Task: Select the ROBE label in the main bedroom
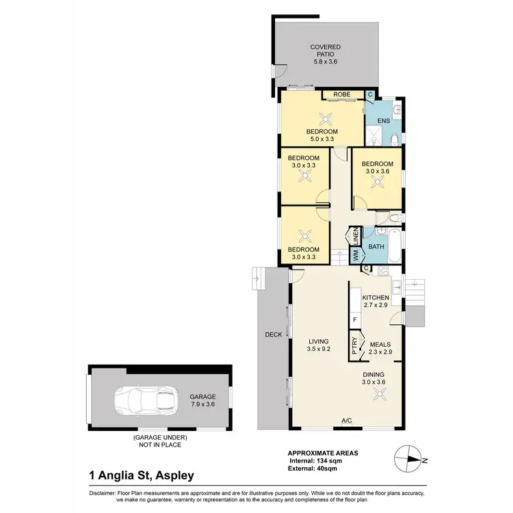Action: pyautogui.click(x=341, y=94)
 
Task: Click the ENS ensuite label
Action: pyautogui.click(x=383, y=121)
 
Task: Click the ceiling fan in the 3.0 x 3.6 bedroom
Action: pyautogui.click(x=378, y=183)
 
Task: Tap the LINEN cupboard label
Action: pyautogui.click(x=356, y=237)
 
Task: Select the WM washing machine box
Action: pyautogui.click(x=356, y=256)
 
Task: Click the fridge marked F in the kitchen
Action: pyautogui.click(x=355, y=319)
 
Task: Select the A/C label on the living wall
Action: pyautogui.click(x=347, y=421)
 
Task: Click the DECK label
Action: pyautogui.click(x=274, y=334)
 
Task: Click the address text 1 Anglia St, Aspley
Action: pyautogui.click(x=141, y=475)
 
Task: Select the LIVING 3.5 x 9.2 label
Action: pyautogui.click(x=319, y=345)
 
